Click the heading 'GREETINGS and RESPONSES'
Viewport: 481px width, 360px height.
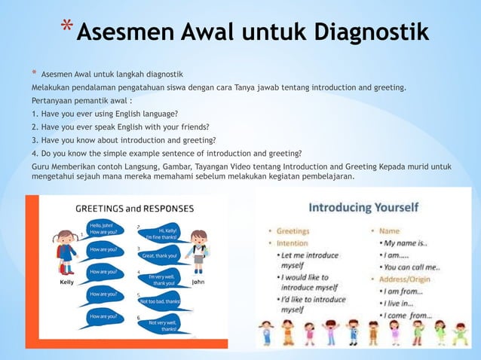(134, 209)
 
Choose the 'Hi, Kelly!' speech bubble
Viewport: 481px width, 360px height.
(161, 234)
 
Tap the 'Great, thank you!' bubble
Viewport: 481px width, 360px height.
(158, 255)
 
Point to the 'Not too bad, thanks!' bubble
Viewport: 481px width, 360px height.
(160, 301)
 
